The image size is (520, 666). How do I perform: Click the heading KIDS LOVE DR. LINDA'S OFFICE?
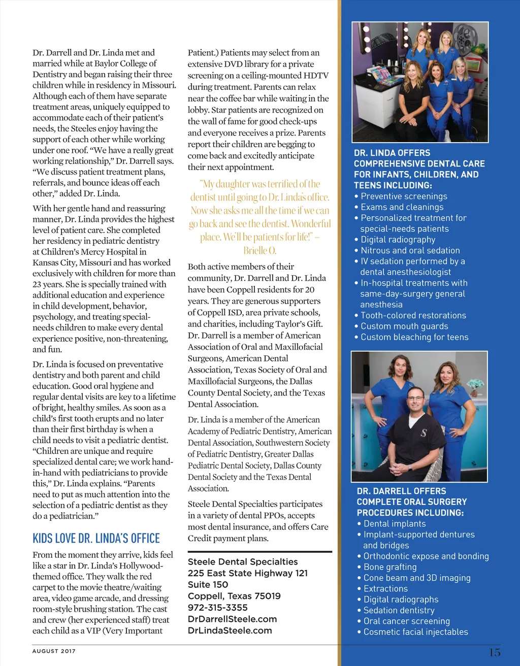point(96,539)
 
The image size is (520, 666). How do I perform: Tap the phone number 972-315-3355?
point(217,608)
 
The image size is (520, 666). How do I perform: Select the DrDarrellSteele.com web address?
point(232,619)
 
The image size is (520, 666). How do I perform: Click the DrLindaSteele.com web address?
point(230,630)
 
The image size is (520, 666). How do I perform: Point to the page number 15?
point(495,652)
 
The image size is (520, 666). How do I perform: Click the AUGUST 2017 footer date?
point(54,651)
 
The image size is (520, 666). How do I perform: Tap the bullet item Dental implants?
point(395,524)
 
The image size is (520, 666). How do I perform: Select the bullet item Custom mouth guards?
point(404,326)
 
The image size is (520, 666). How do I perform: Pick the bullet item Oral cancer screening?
point(406,621)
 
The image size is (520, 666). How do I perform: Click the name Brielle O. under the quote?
point(259,251)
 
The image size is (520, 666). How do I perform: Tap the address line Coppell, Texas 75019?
point(234,596)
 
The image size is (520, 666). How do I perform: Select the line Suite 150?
point(208,585)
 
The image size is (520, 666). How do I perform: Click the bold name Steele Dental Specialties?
point(243,562)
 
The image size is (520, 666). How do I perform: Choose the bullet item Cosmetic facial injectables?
point(415,632)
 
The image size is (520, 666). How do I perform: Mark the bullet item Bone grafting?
point(390,567)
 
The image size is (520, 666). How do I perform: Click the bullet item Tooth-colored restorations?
point(413,316)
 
